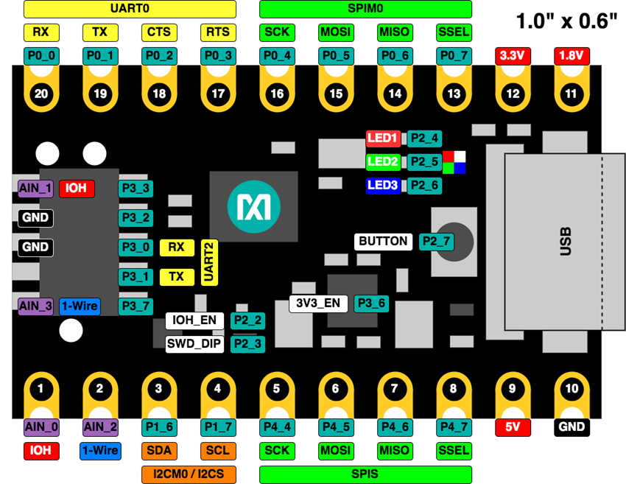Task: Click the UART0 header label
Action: click(130, 9)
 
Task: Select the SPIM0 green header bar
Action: click(365, 9)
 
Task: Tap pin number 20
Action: click(41, 94)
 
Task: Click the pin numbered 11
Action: click(572, 94)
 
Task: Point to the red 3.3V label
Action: click(513, 55)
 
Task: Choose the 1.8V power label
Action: click(572, 55)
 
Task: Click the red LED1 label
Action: click(383, 138)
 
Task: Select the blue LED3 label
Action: click(383, 185)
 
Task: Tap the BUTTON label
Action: click(383, 242)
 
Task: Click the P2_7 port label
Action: click(436, 242)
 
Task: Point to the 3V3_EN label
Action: click(318, 303)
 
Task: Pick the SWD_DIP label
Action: click(194, 343)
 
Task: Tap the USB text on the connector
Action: click(566, 242)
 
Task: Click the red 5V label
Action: click(513, 427)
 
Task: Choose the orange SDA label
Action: click(159, 450)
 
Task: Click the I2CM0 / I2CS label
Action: click(189, 474)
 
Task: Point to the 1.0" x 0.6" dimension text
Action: click(566, 21)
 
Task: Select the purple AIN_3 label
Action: click(35, 306)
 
